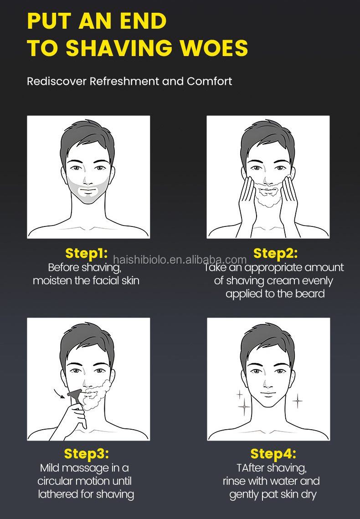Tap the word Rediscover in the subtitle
(x=57, y=81)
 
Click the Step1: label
(x=87, y=253)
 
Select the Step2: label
(x=275, y=253)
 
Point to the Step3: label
(x=87, y=454)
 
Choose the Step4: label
(x=273, y=454)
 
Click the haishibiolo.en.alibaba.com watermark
(x=180, y=260)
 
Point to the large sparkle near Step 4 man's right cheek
(x=244, y=406)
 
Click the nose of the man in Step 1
(x=87, y=180)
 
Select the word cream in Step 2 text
(x=283, y=281)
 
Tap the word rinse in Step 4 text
(x=234, y=481)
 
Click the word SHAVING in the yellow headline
(x=119, y=48)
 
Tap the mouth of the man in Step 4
(x=267, y=394)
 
